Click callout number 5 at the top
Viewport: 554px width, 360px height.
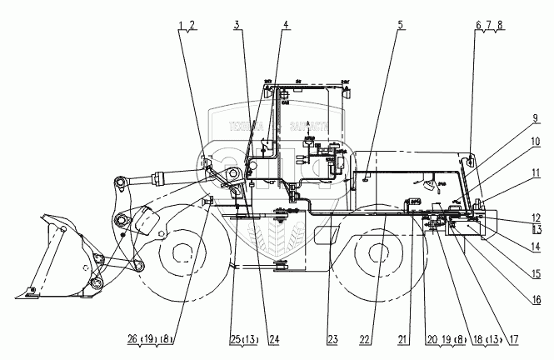401,24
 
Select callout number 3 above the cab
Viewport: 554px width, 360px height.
237,24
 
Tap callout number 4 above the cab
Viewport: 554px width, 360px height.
286,24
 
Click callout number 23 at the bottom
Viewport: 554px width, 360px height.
332,340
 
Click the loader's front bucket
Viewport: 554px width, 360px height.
54,258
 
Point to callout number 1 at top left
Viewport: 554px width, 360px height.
182,24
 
